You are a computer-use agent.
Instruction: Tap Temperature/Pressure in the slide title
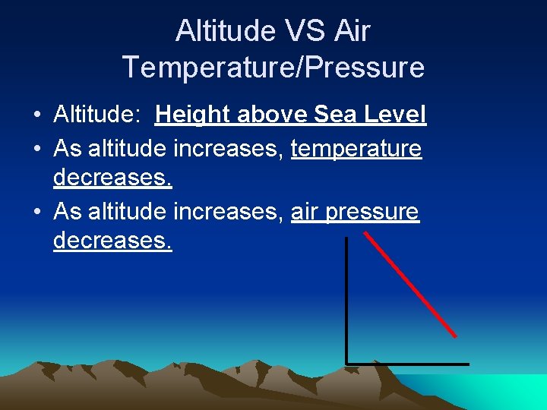pos(273,68)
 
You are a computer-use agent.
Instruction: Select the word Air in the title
pos(352,31)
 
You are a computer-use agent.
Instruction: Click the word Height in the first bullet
pos(193,115)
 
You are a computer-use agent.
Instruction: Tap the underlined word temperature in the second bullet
pos(356,148)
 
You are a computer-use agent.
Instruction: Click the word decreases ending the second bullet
pos(112,178)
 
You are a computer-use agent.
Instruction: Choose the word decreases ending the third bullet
pos(112,241)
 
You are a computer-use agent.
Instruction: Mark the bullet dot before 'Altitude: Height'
pos(36,116)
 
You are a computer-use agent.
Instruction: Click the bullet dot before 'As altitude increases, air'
pos(36,212)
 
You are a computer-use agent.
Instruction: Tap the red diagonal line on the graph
pos(410,285)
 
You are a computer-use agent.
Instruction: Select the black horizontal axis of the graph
pos(407,364)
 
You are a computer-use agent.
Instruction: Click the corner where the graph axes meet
pos(346,364)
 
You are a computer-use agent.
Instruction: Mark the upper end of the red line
pos(365,234)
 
